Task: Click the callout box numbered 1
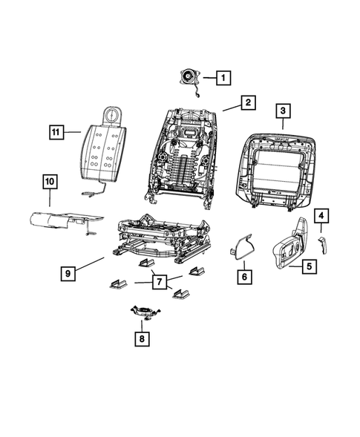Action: point(223,76)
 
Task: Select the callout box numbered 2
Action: point(248,102)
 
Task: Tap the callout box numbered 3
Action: point(283,111)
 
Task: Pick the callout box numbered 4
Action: point(321,216)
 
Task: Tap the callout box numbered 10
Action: point(49,181)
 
